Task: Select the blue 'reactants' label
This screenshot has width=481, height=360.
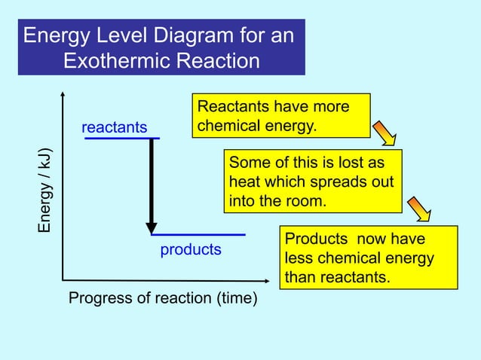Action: pyautogui.click(x=115, y=127)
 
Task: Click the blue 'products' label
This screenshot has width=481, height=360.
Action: pyautogui.click(x=191, y=249)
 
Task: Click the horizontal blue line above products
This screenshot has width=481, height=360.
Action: pyautogui.click(x=199, y=235)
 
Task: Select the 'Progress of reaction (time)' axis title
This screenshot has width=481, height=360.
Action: pyautogui.click(x=163, y=299)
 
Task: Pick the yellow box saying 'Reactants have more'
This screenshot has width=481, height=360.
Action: pyautogui.click(x=282, y=115)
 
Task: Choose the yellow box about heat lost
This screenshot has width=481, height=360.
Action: pyautogui.click(x=313, y=182)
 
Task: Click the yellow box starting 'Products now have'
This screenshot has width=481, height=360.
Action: pyautogui.click(x=369, y=258)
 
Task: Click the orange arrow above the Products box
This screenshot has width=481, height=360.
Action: pyautogui.click(x=419, y=209)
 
